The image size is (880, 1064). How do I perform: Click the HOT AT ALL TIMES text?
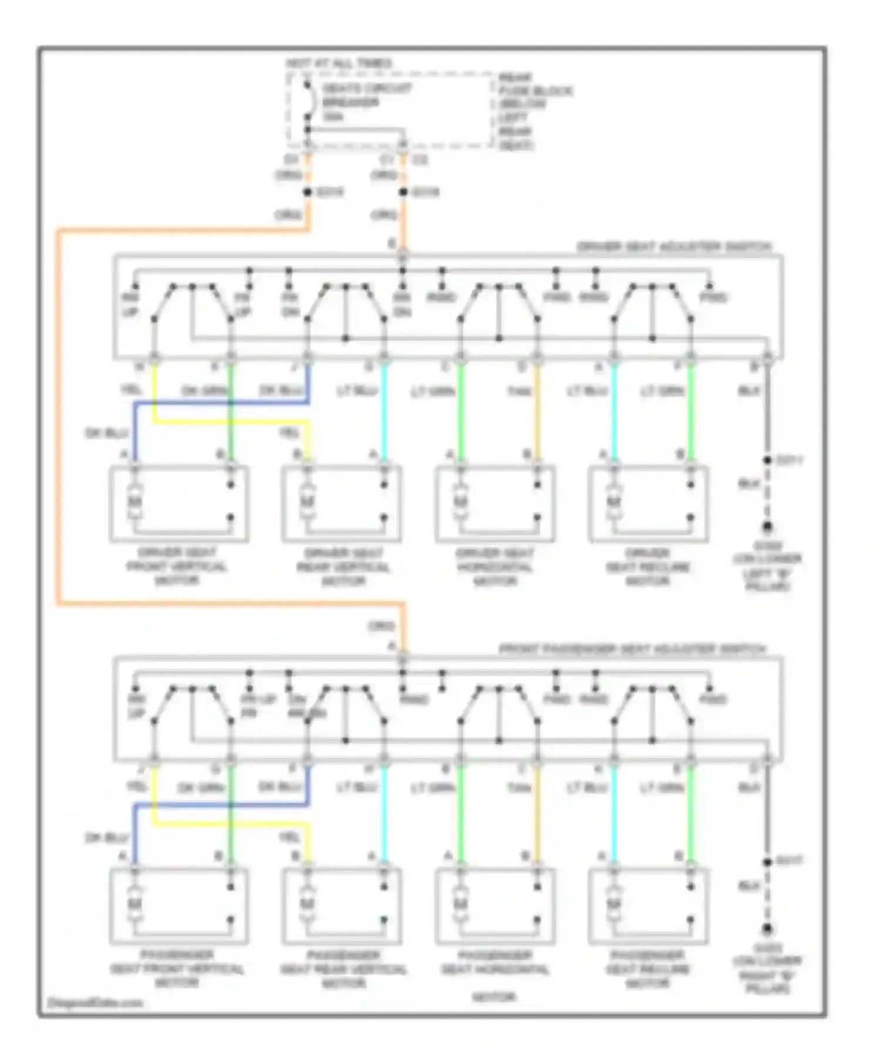339,63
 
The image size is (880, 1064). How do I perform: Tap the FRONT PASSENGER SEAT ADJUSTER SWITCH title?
632,649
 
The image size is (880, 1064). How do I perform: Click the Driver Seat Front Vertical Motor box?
179,504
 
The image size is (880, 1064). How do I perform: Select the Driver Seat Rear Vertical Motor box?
342,504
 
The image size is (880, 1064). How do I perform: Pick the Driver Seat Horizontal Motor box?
495,504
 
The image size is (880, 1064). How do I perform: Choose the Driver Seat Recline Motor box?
648,504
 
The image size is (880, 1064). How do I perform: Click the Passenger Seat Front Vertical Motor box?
179,906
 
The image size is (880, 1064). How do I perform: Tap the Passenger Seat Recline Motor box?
648,906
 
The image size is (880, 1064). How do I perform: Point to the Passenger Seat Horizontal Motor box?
495,906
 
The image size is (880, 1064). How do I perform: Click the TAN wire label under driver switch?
519,391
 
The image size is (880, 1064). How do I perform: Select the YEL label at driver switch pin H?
130,389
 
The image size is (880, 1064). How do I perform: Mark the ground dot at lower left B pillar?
767,527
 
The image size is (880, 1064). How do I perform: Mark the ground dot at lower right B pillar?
767,929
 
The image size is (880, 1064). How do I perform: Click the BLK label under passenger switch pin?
749,787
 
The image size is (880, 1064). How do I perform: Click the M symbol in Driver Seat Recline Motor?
613,501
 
